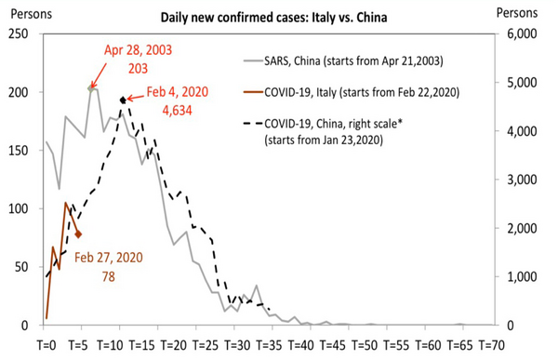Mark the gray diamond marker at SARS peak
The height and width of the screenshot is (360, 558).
coord(90,88)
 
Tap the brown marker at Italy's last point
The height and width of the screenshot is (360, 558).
coord(79,234)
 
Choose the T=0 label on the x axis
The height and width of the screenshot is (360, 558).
coord(46,344)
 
